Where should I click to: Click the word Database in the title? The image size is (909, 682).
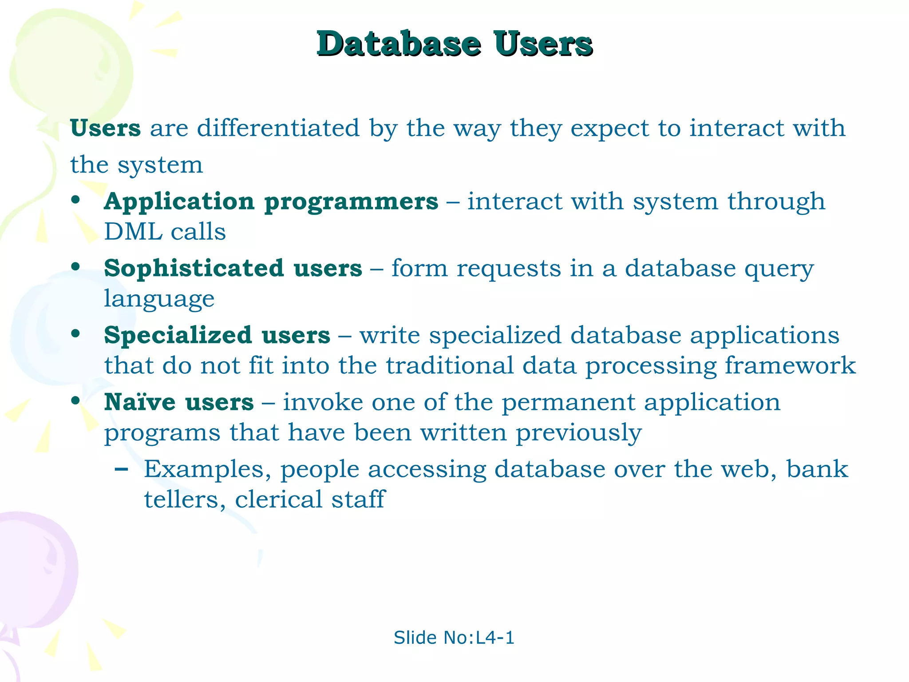click(x=399, y=44)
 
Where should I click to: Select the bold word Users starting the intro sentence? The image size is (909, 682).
click(x=106, y=128)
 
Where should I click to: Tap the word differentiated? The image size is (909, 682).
click(x=278, y=128)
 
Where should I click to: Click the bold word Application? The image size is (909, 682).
click(x=179, y=202)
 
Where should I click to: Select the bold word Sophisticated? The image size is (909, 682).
click(x=194, y=268)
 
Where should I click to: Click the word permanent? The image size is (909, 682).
click(x=569, y=403)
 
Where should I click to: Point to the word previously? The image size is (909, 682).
click(x=578, y=433)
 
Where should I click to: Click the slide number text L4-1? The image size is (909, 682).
click(x=495, y=638)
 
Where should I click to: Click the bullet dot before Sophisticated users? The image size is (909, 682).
click(x=76, y=267)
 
